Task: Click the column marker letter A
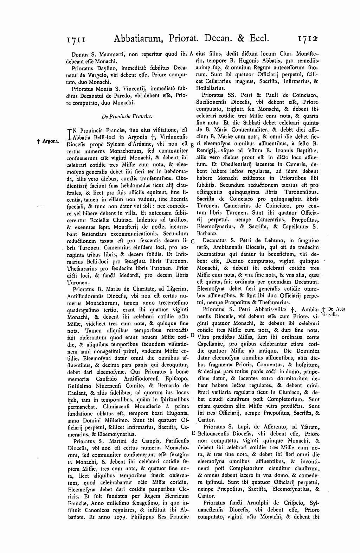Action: pos(192,54)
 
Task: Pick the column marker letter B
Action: pos(192,145)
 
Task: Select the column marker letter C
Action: pos(192,241)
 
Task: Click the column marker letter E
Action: pos(193,432)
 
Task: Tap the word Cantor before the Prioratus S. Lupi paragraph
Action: pos(206,420)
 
